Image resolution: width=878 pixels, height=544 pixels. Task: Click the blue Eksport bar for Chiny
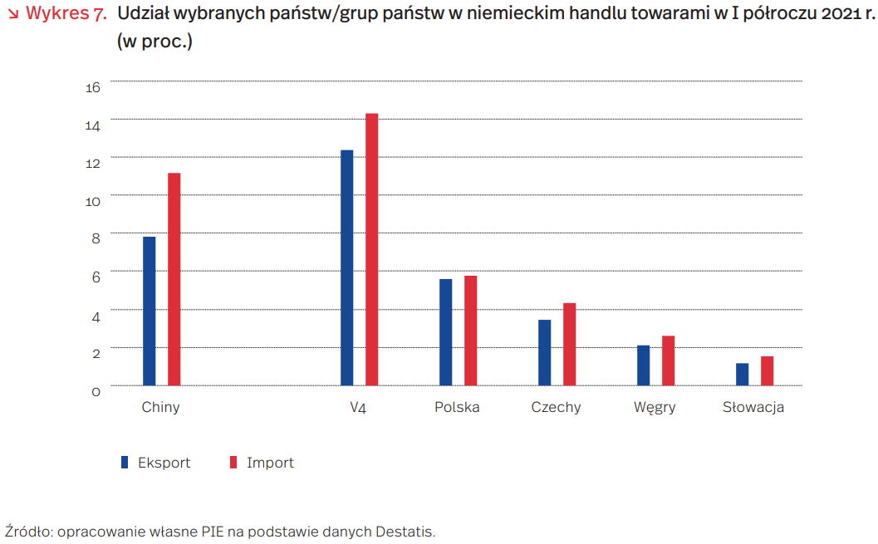[x=150, y=311]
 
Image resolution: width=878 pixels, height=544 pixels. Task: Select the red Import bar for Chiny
[x=174, y=279]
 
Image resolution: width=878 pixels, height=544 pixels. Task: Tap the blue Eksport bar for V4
[x=347, y=267]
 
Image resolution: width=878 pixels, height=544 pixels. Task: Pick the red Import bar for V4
[x=372, y=249]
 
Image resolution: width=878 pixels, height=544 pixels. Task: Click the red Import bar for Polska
[x=471, y=331]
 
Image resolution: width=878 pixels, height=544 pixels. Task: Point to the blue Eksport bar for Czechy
[x=545, y=352]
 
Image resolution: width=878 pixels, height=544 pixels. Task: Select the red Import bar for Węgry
[x=669, y=360]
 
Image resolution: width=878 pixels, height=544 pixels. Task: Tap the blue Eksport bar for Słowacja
[x=743, y=375]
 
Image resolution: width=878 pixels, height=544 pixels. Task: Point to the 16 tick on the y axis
[x=92, y=86]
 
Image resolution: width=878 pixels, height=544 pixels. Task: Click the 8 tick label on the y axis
[x=96, y=238]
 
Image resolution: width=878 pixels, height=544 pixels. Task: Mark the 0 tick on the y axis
[x=96, y=390]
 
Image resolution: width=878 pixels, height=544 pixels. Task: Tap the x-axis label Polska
[x=457, y=408]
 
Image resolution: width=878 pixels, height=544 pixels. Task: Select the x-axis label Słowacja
[x=753, y=408]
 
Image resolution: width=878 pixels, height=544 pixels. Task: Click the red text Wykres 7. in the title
[x=66, y=14]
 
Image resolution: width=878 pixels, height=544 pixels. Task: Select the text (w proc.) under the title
[x=155, y=41]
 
